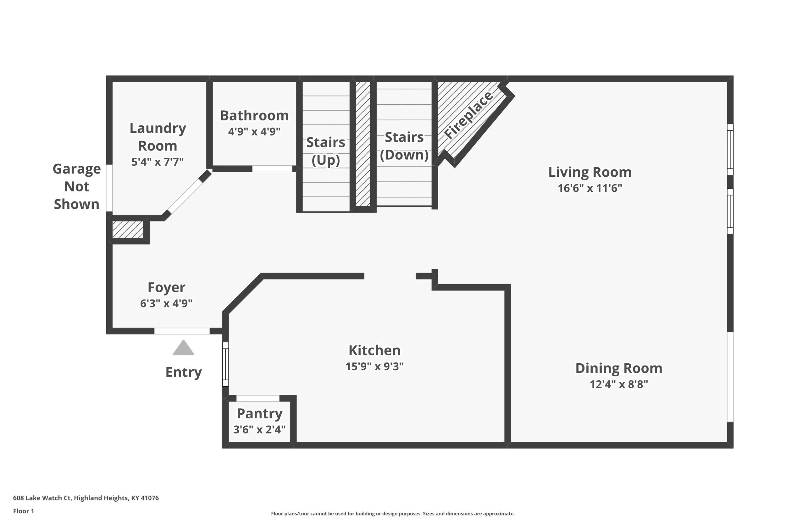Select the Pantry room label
click(260, 414)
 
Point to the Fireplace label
click(468, 115)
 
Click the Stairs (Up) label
click(325, 151)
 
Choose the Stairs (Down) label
click(404, 146)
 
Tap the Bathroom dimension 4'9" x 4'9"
click(254, 131)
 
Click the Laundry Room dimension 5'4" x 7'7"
click(158, 162)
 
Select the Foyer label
click(166, 287)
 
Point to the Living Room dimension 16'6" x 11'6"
click(590, 188)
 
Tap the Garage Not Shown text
click(76, 186)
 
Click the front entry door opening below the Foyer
click(182, 331)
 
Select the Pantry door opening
click(258, 398)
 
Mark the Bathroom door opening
click(272, 169)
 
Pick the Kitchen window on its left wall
click(225, 364)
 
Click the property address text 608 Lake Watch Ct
click(42, 498)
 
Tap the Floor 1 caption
click(23, 511)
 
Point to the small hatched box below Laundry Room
click(128, 229)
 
